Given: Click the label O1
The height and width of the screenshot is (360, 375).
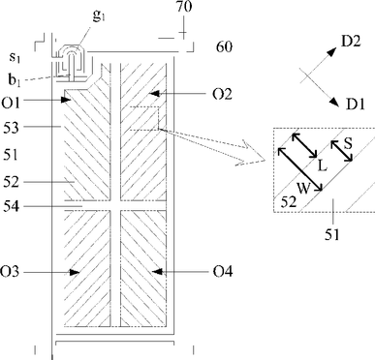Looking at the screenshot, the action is [11, 103].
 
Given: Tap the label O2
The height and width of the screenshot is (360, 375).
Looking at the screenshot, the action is [222, 94].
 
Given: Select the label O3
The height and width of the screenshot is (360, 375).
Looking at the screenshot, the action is [10, 272].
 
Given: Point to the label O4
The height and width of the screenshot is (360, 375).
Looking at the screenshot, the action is [223, 272].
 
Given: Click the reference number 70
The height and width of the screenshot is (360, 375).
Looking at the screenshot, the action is [184, 7].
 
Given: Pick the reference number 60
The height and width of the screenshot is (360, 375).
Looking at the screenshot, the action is [224, 47].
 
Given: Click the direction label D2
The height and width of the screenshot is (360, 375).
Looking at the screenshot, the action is [351, 42].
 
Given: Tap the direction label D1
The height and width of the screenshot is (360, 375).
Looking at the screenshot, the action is [356, 105].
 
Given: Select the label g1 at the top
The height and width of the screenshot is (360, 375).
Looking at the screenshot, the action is [99, 15].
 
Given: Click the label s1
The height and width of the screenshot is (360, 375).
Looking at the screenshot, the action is [15, 57].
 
